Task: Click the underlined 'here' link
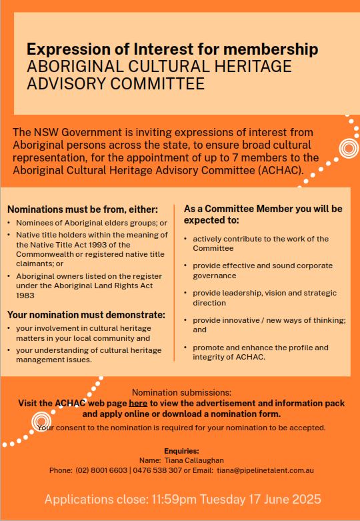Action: click(x=138, y=403)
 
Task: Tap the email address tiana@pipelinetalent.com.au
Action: click(x=265, y=470)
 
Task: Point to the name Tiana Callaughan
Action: click(x=191, y=460)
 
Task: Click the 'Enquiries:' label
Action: click(x=181, y=451)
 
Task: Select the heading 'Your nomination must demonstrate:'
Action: click(x=86, y=315)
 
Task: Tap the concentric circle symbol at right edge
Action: click(x=347, y=148)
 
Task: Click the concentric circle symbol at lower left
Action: click(x=41, y=421)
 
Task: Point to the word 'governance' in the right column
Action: click(x=215, y=276)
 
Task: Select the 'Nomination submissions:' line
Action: click(x=181, y=392)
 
